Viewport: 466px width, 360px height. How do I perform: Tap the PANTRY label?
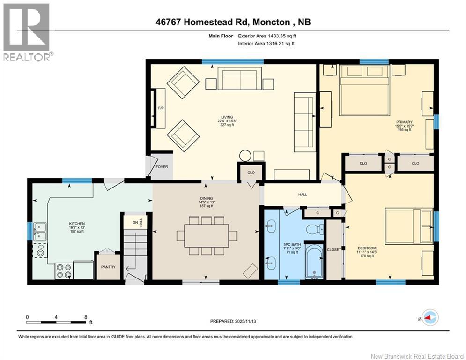pyautogui.click(x=109, y=267)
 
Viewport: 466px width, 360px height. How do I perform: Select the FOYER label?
pyautogui.click(x=162, y=167)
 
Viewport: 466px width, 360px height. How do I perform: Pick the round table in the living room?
pyautogui.click(x=245, y=155)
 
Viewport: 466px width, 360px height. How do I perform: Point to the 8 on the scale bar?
pyautogui.click(x=85, y=317)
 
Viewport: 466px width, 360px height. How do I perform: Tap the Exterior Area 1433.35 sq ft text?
pyautogui.click(x=267, y=36)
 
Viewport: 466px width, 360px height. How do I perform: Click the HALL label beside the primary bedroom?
pyautogui.click(x=303, y=194)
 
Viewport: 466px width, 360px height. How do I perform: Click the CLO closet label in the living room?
pyautogui.click(x=251, y=172)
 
